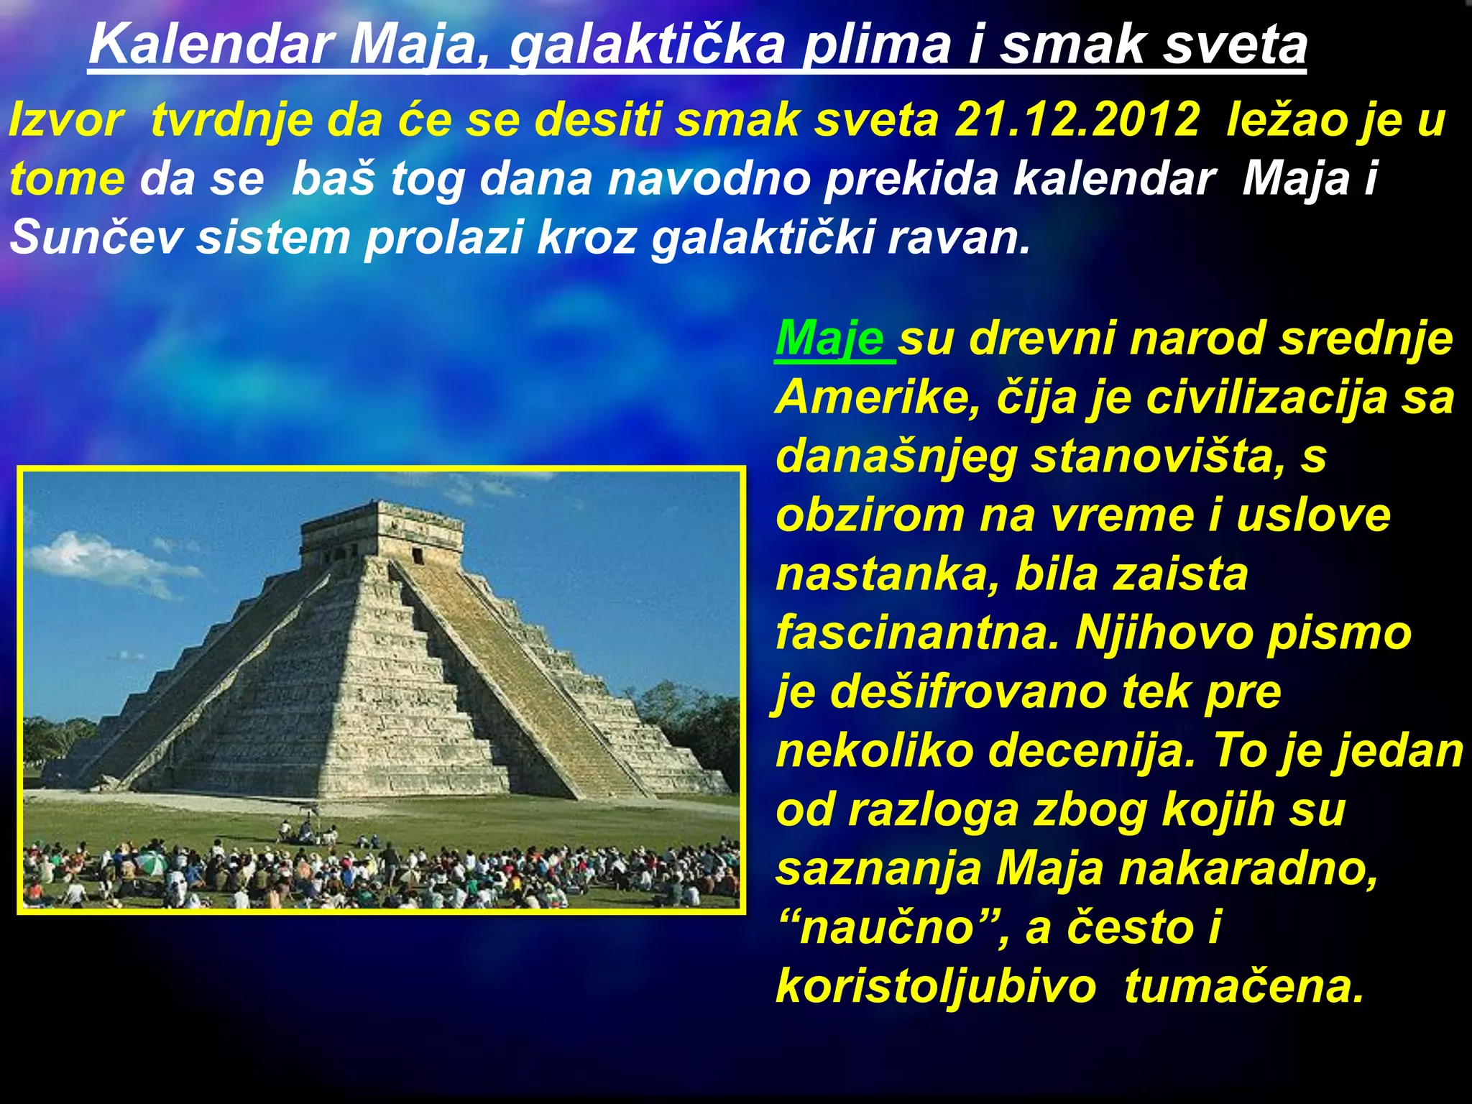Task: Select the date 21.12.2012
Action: click(1076, 119)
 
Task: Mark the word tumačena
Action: click(1243, 986)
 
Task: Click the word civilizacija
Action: click(1266, 397)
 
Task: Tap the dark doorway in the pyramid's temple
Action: click(418, 556)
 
